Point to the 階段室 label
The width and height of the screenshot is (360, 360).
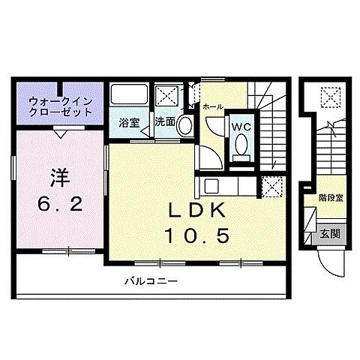coord(329,199)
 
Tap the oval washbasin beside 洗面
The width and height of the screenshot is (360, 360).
coord(184,126)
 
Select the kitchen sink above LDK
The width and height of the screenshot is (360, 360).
coord(212,186)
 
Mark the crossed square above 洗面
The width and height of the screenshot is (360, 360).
coord(166,95)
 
